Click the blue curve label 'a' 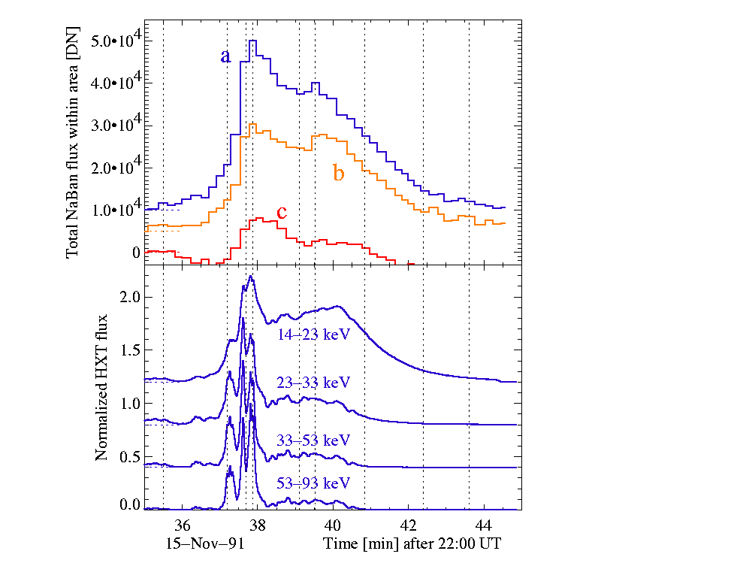coord(225,56)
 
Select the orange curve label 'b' coord(339,174)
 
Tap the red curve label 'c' coord(282,213)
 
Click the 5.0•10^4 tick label coord(111,40)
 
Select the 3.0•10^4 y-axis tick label coord(111,125)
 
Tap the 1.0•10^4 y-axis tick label coord(111,210)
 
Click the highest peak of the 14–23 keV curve coord(251,277)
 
